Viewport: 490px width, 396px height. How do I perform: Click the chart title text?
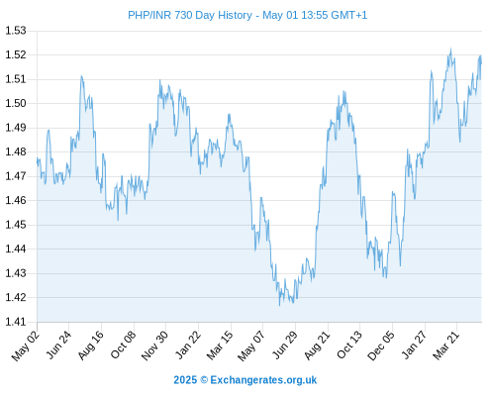pos(247,15)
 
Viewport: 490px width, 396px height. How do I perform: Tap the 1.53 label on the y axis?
pos(16,31)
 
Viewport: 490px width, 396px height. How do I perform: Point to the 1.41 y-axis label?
pos(16,322)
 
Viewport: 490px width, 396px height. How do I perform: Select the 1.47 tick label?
pos(16,176)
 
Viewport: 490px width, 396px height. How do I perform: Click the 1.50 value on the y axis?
pos(16,103)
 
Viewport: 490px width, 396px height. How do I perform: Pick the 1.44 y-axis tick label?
pos(16,248)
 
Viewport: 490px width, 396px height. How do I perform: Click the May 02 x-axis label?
pos(26,346)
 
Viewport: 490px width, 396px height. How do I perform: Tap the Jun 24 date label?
pos(58,346)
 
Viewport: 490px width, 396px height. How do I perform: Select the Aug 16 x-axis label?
pos(90,346)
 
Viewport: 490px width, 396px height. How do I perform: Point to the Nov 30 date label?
pos(154,346)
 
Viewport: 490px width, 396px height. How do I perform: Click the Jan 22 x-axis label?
pos(187,346)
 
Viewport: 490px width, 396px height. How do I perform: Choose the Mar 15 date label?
pos(220,346)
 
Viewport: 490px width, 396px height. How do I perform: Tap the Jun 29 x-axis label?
pos(284,346)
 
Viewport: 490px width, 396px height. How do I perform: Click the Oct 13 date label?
pos(349,346)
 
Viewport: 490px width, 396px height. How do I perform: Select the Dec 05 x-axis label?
pos(381,346)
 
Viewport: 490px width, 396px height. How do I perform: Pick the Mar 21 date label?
pos(446,346)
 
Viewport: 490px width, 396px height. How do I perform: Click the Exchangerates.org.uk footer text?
pos(263,380)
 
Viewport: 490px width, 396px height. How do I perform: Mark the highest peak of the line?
pos(450,49)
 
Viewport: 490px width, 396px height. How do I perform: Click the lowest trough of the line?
pos(279,306)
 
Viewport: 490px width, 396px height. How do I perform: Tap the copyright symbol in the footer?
pos(204,380)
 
